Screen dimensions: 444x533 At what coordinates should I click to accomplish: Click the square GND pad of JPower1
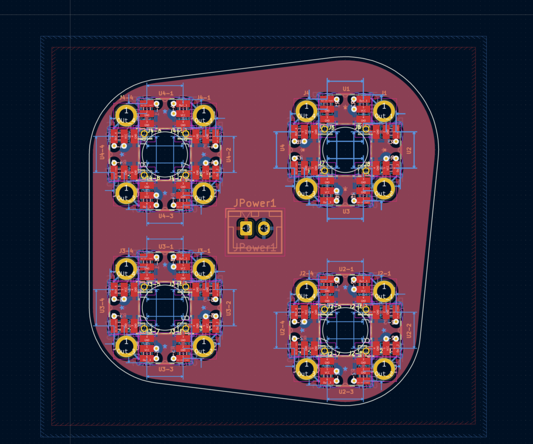tap(246, 228)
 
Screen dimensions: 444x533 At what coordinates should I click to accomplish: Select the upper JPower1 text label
tap(254, 203)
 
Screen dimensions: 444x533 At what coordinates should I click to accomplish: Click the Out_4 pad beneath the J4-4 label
tap(126, 115)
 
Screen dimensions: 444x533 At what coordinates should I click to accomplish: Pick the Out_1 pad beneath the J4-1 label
tap(203, 115)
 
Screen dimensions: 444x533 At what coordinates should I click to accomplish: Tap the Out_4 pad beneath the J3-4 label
tap(126, 268)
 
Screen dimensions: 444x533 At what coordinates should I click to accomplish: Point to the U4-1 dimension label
tap(166, 93)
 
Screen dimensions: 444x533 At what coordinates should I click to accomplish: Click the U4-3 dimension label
tap(166, 216)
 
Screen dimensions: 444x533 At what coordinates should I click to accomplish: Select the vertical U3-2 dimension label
tap(228, 309)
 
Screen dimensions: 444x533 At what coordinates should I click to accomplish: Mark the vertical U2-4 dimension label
tap(282, 331)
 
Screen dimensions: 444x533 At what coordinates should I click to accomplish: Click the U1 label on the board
tap(346, 88)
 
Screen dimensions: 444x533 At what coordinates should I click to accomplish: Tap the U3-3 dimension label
tap(166, 369)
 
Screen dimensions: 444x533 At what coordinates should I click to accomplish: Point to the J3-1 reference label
tap(203, 251)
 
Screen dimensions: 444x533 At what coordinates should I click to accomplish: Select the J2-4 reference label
tap(306, 273)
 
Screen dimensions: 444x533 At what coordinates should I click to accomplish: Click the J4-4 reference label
tap(126, 98)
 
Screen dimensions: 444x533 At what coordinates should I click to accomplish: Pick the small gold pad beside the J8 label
tap(367, 170)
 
